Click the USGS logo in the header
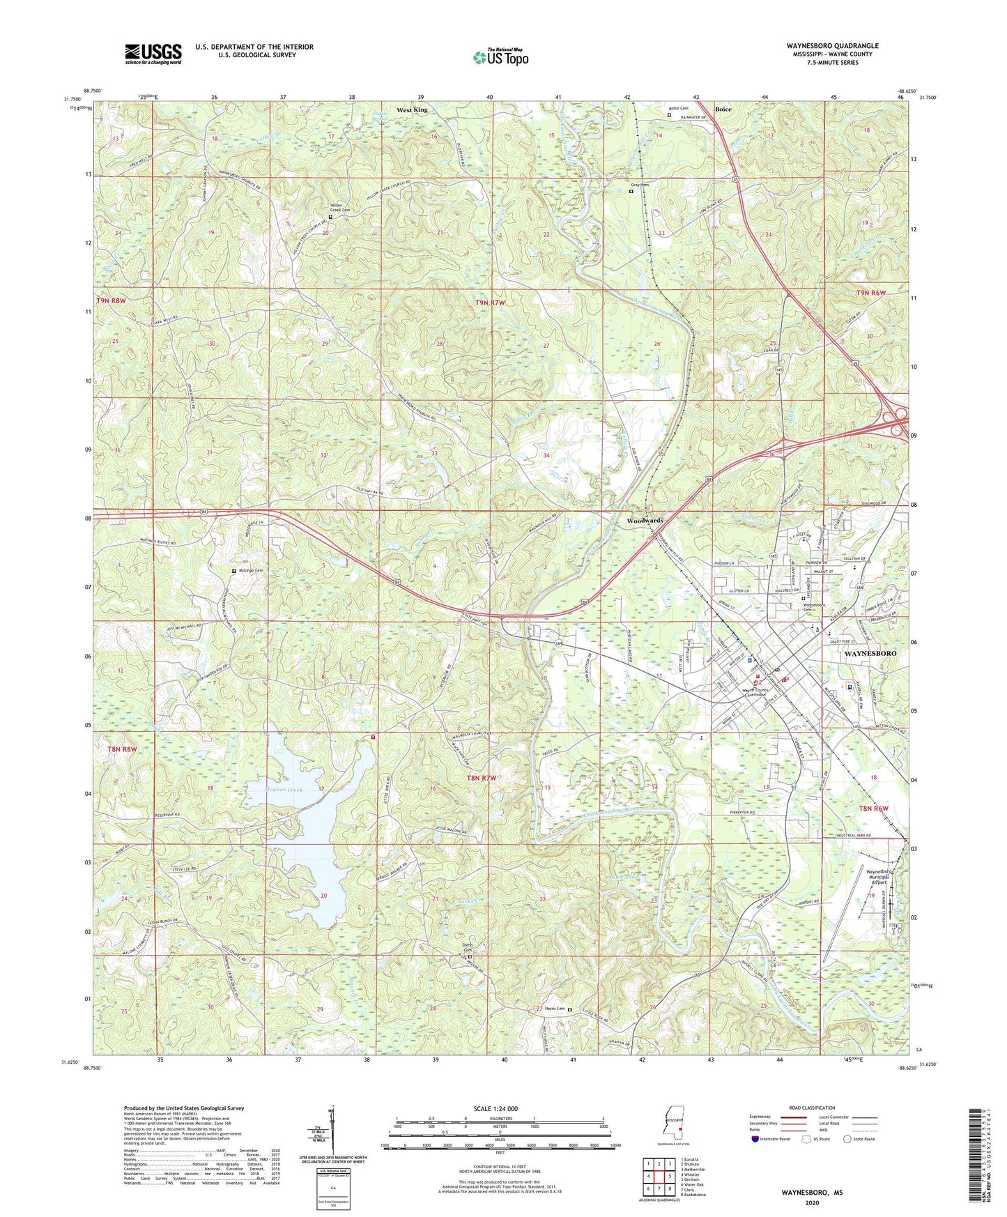[x=153, y=54]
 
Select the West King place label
[x=412, y=110]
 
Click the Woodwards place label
[x=645, y=521]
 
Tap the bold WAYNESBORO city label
[x=870, y=654]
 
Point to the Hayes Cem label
[x=554, y=1009]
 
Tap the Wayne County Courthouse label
[x=744, y=692]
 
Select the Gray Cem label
[x=640, y=185]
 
